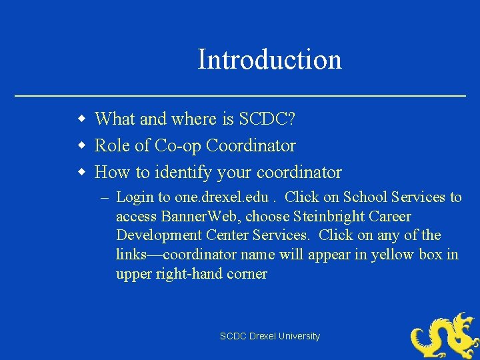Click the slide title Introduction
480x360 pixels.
tap(269, 59)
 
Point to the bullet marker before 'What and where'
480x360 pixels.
tap(81, 120)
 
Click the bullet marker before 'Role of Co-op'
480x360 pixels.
tap(81, 146)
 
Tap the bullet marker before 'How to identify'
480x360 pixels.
tap(81, 173)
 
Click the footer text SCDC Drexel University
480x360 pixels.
tap(270, 337)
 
